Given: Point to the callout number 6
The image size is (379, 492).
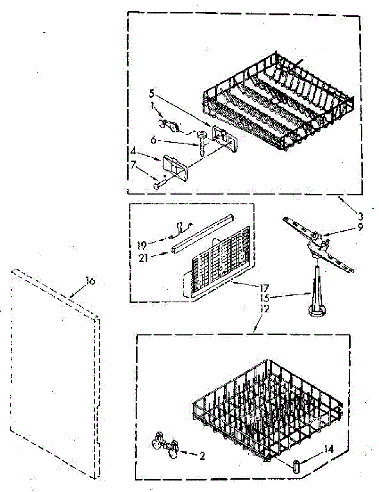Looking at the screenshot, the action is pyautogui.click(x=153, y=139).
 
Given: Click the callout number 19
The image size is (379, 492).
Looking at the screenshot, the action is pyautogui.click(x=142, y=245).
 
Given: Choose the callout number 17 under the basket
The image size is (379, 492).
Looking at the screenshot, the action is pyautogui.click(x=265, y=288).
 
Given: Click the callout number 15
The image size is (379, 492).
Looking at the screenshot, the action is pyautogui.click(x=265, y=298).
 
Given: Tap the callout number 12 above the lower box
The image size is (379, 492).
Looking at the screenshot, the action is pyautogui.click(x=265, y=309).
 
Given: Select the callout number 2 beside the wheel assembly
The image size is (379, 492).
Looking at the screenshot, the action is pyautogui.click(x=202, y=455).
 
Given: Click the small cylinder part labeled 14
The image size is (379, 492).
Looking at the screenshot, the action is pyautogui.click(x=296, y=467).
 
